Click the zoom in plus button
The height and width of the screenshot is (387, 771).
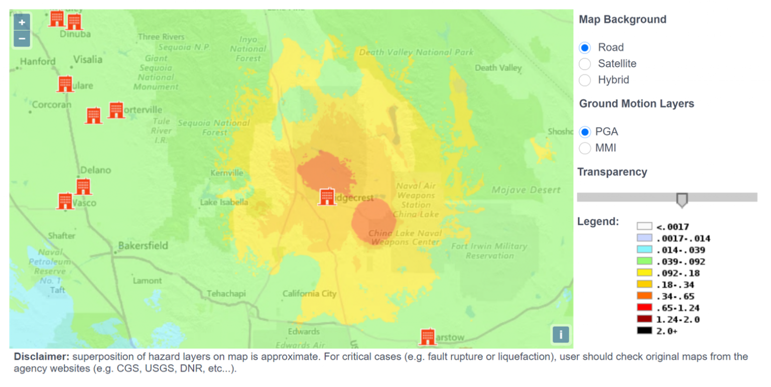[x=22, y=22]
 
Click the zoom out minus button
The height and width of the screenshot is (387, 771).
[x=22, y=38]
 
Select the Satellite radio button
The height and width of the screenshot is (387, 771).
[x=585, y=64]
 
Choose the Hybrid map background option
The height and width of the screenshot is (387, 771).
[x=585, y=80]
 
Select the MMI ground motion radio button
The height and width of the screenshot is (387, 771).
[x=585, y=148]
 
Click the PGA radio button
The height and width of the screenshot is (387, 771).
[x=585, y=132]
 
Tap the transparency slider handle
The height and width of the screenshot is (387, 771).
[x=682, y=199]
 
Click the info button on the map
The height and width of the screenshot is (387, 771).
[x=561, y=334]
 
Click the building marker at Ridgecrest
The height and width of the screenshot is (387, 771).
[x=327, y=196]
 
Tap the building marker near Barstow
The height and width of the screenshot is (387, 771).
[x=428, y=336]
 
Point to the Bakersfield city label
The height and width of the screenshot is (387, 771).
[x=143, y=246]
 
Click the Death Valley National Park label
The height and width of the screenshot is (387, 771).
[x=416, y=52]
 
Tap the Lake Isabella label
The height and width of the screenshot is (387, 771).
[x=224, y=203]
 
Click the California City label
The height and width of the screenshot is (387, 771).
[x=309, y=294]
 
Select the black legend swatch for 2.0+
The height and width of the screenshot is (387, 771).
[x=645, y=331]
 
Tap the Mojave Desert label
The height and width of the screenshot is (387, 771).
[x=526, y=190]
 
